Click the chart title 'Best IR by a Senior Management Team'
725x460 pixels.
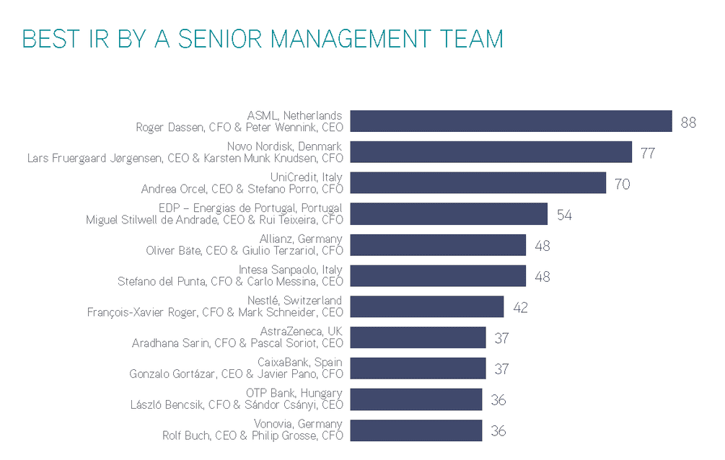tap(263, 38)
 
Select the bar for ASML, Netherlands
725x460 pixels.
tap(511, 121)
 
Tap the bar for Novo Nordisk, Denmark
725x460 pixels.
tap(491, 152)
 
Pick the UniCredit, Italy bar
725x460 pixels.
tap(478, 183)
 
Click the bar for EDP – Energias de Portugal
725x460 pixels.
tap(448, 214)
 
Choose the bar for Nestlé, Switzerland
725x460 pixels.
tap(426, 307)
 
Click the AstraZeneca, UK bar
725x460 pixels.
tap(417, 337)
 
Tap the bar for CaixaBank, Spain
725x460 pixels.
tap(417, 368)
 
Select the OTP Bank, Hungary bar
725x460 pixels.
tap(416, 399)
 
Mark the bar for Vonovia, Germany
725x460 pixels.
tap(416, 430)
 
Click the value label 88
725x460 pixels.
tap(688, 122)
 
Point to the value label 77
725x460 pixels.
tap(648, 153)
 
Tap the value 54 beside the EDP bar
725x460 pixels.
tap(564, 215)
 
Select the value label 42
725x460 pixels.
tap(520, 308)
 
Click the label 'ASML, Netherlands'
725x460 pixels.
tap(294, 115)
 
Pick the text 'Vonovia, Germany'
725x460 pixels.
tap(298, 424)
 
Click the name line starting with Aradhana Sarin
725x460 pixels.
tap(237, 343)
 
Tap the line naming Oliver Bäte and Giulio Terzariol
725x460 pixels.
tap(245, 251)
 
